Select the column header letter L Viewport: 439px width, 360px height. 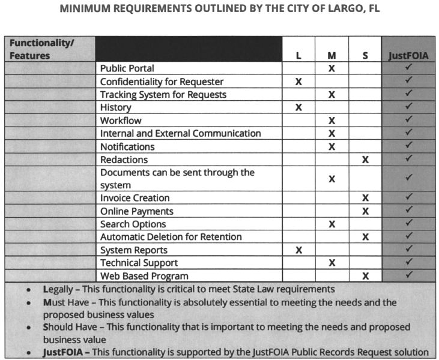(298, 56)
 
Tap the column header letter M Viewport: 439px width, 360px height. (332, 56)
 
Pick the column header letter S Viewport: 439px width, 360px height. (365, 56)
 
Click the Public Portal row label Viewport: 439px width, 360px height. (127, 68)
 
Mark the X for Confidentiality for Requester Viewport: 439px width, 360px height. (298, 82)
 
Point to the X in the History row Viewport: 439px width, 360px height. (298, 107)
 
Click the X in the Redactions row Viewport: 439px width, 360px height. (365, 160)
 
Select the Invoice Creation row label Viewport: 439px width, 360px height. (135, 198)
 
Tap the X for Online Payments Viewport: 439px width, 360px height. (365, 211)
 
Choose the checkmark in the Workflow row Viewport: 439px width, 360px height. (408, 121)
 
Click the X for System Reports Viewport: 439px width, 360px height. (298, 250)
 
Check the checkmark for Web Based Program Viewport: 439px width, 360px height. (408, 276)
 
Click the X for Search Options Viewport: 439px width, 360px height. (332, 224)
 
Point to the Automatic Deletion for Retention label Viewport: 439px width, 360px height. (171, 237)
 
